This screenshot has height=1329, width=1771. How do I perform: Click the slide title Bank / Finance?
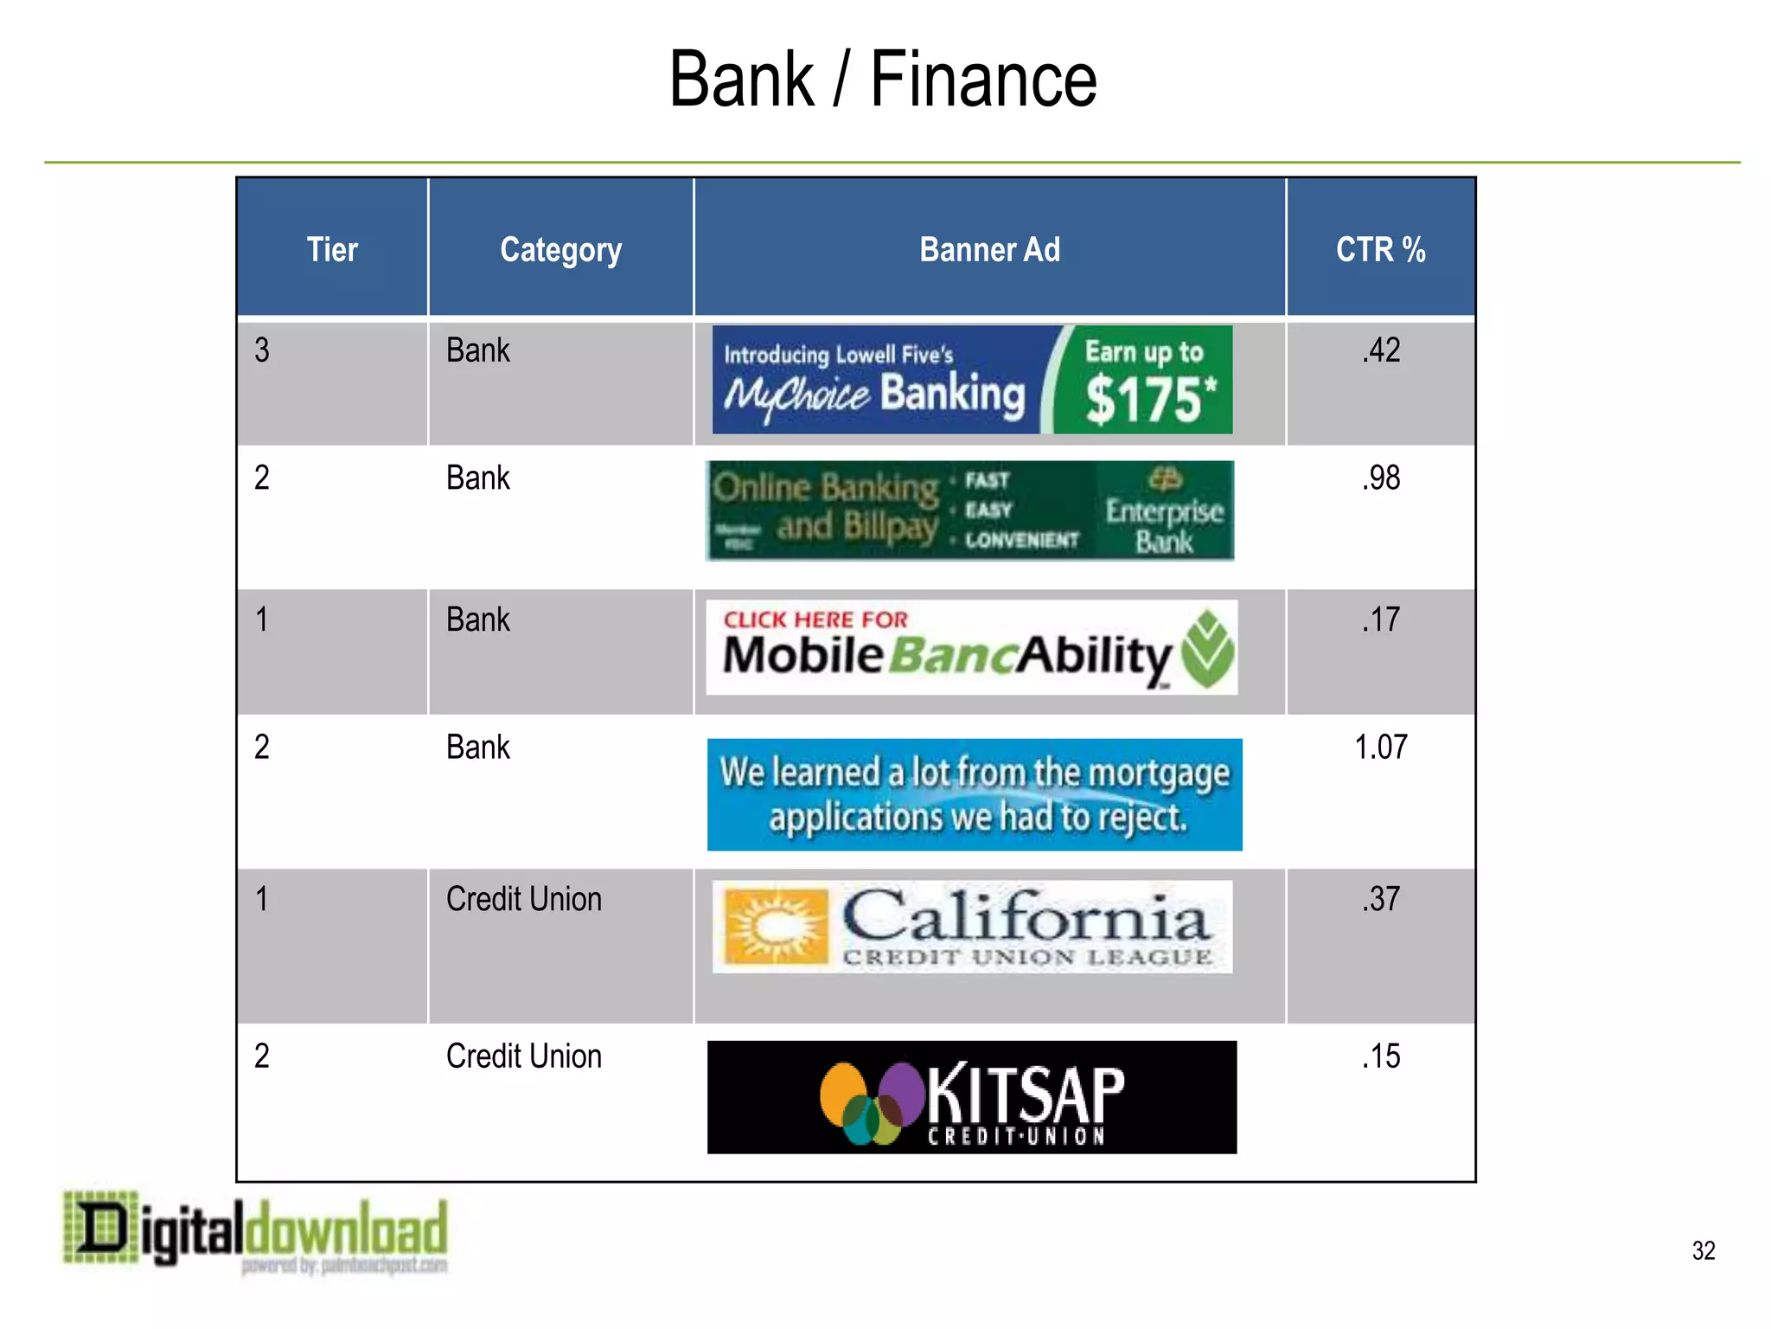[x=883, y=80]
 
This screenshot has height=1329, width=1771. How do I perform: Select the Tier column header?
[x=332, y=250]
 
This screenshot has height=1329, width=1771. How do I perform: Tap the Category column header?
[x=560, y=250]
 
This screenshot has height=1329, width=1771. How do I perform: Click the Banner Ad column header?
[x=989, y=250]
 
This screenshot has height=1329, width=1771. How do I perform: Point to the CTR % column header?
[x=1380, y=250]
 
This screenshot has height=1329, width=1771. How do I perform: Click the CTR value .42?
[x=1381, y=350]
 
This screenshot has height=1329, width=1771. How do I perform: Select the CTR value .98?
[x=1381, y=478]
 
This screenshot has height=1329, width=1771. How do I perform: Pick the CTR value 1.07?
[x=1381, y=748]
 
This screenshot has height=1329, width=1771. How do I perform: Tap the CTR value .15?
[x=1381, y=1056]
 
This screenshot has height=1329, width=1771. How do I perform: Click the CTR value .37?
[x=1381, y=900]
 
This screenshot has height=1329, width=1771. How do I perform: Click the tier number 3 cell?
[x=262, y=350]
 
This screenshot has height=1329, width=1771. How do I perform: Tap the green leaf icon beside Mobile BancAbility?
[x=1208, y=650]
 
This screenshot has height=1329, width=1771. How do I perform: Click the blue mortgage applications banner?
[x=975, y=794]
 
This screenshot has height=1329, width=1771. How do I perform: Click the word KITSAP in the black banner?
[x=1026, y=1095]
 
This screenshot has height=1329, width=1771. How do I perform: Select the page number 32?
[x=1703, y=1250]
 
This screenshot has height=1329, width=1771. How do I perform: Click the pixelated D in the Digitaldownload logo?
[x=102, y=1227]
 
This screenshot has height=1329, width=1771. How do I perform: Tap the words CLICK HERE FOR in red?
[x=815, y=620]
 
